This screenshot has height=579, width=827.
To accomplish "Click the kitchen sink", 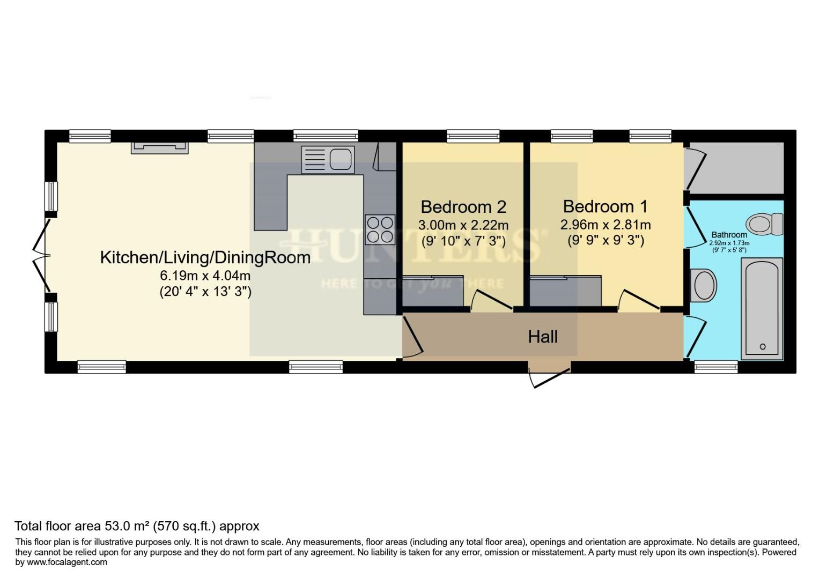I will tap(328, 159).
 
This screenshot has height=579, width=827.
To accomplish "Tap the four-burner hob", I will tap(380, 229).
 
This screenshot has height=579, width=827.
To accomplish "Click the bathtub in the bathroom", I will tap(762, 308).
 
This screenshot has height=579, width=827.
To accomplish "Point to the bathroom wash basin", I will tap(705, 285).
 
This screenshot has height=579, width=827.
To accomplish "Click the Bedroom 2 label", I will tap(463, 207).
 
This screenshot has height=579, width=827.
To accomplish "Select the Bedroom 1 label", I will tap(605, 206).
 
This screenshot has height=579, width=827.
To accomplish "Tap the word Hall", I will tap(543, 337).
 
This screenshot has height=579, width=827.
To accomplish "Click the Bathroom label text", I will tap(729, 235).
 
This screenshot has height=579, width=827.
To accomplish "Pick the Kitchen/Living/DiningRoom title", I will tap(205, 257).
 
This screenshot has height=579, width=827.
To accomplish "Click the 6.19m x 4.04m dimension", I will tap(205, 276).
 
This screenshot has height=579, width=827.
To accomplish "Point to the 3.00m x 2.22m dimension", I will tap(463, 225).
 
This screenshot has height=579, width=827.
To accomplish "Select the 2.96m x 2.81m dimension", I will tap(606, 224).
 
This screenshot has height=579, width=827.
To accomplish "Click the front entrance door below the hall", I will tap(549, 375).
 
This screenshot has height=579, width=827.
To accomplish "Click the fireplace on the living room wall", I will tap(160, 147).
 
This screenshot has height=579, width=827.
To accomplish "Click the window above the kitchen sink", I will tap(326, 136).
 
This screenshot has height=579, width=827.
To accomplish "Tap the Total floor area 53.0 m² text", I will tap(137, 526).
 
